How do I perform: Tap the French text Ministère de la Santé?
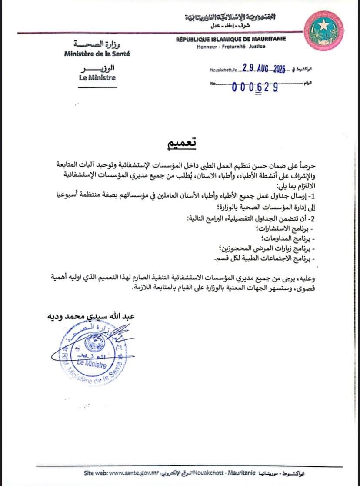coord(97,54)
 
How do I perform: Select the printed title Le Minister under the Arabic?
coord(97,78)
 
